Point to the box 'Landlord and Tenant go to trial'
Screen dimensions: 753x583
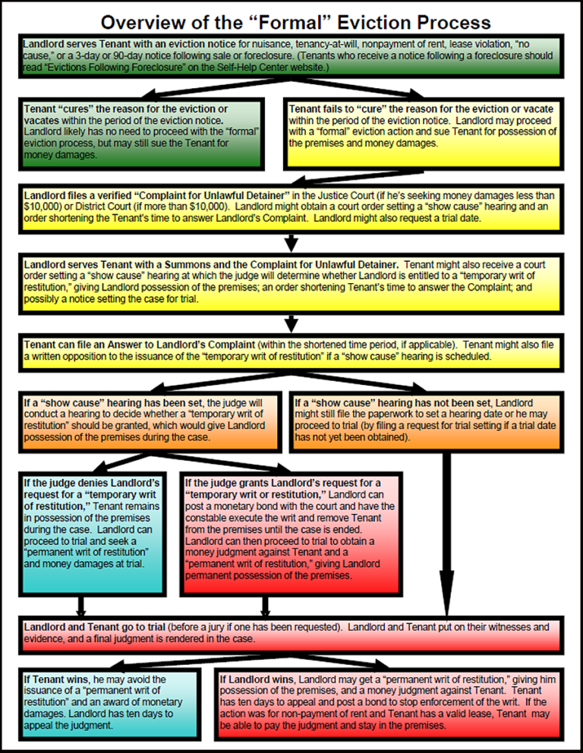[291, 633]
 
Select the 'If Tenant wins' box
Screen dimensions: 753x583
[113, 698]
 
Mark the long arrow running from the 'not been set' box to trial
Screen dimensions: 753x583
[448, 531]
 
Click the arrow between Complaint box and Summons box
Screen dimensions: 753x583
[291, 243]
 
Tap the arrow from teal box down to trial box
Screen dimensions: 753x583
[82, 605]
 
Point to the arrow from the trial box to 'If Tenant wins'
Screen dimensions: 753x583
[152, 661]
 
